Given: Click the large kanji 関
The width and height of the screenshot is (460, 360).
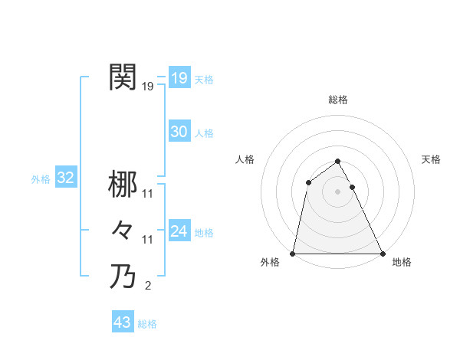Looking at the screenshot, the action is [123, 77].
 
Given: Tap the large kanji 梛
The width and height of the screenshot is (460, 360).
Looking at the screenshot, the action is [123, 185].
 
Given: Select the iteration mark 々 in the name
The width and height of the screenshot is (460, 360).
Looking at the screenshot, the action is [123, 230].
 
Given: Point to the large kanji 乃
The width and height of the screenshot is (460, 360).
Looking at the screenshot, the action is [123, 276].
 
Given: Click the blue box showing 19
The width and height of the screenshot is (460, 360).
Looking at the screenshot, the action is [179, 77].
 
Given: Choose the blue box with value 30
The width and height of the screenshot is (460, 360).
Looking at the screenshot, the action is [179, 132].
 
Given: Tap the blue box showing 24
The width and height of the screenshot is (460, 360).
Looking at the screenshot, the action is [179, 231].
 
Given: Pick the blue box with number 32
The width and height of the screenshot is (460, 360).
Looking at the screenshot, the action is [66, 178].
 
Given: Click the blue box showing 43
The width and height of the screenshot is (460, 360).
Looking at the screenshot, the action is [122, 322].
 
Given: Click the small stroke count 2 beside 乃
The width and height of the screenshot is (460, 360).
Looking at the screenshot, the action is [148, 286].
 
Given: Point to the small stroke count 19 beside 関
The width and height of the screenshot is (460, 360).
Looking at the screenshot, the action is [148, 87].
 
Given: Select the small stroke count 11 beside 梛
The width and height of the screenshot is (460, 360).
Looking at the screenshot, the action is [148, 195].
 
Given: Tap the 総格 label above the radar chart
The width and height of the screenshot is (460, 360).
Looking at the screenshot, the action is [338, 100].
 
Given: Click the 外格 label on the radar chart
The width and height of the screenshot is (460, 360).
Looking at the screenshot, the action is [270, 263].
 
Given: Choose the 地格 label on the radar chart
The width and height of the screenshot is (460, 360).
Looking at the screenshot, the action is [402, 263].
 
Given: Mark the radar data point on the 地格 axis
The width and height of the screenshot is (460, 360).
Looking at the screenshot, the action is [382, 254].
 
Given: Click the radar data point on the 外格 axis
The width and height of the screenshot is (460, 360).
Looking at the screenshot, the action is [294, 254].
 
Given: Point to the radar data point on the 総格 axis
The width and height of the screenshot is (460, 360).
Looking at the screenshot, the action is [337, 162].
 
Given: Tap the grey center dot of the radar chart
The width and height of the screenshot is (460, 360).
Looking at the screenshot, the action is [337, 191].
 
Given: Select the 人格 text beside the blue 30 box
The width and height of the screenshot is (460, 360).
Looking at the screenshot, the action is [204, 133].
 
